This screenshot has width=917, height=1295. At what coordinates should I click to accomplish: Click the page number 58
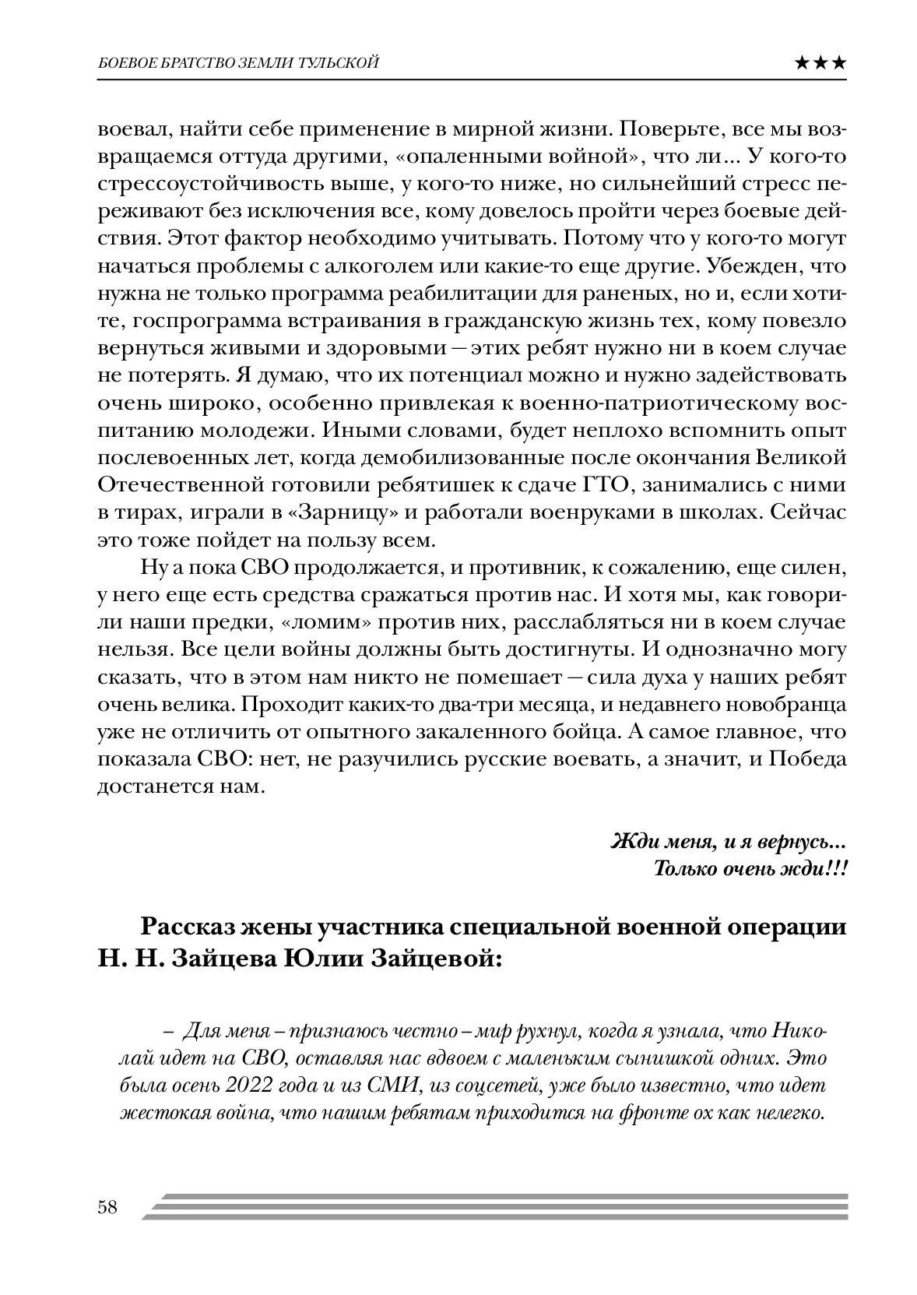pos(107,1208)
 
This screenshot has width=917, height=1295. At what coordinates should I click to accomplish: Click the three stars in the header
pos(821,64)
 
